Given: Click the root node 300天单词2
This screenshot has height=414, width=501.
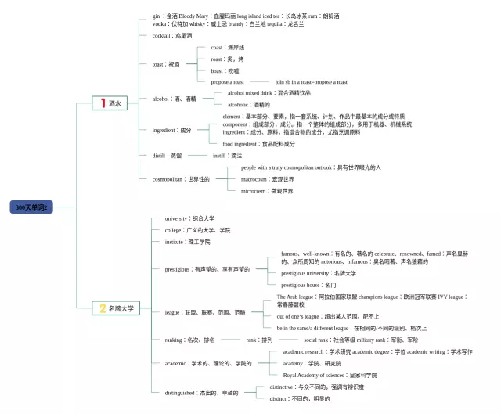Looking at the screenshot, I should (x=32, y=207).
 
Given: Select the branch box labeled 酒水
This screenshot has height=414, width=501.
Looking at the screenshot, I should (x=110, y=103).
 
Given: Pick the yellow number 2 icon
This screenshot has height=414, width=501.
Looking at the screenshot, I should (x=101, y=308).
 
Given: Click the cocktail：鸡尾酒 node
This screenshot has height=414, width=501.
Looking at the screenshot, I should (x=171, y=35).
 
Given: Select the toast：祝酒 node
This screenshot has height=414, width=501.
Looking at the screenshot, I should (x=166, y=64).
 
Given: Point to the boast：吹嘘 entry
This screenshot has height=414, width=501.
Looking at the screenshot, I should (x=225, y=70).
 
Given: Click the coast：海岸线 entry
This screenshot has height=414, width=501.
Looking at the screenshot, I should (x=228, y=48).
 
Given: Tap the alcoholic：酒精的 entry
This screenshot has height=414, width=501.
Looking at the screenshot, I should (x=248, y=104).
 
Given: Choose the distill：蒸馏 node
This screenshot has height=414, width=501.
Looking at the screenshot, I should (x=167, y=156).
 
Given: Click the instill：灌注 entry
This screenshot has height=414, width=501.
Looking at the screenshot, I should (x=227, y=156).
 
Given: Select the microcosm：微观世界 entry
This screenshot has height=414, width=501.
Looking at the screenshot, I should (x=267, y=191).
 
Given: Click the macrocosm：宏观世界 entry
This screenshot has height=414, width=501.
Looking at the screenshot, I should (x=267, y=179).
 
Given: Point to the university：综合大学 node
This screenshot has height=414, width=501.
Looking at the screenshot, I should (x=189, y=218).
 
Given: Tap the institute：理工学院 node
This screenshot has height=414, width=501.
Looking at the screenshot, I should (x=187, y=242).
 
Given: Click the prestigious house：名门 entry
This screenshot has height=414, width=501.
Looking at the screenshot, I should (x=308, y=285).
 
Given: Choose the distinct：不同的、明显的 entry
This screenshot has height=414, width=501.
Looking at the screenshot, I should (x=299, y=398).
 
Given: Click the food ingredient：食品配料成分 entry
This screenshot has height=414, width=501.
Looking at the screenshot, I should (x=259, y=144).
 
